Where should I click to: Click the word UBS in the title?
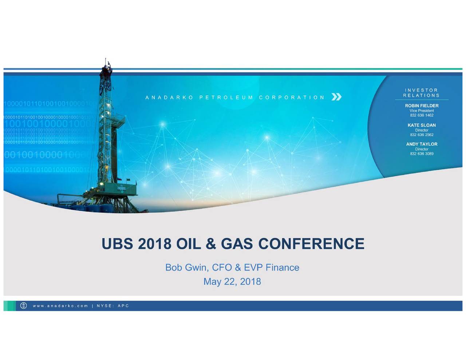click(x=117, y=244)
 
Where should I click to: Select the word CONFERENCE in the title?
click(x=311, y=244)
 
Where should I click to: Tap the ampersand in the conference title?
click(x=211, y=244)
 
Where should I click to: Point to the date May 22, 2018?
click(x=232, y=281)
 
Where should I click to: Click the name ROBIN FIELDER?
click(x=422, y=106)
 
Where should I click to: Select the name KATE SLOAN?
click(x=422, y=125)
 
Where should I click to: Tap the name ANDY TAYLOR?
click(x=422, y=144)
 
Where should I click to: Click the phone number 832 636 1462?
click(x=422, y=115)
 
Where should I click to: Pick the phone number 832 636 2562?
click(x=422, y=135)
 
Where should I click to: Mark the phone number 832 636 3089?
click(x=422, y=154)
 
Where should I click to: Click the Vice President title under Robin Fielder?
click(x=422, y=111)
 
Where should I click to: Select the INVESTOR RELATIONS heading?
click(x=421, y=93)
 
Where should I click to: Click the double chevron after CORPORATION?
click(x=336, y=97)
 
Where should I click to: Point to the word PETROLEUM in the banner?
click(x=226, y=98)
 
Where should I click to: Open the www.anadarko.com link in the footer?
click(x=60, y=306)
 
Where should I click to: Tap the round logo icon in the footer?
click(x=24, y=306)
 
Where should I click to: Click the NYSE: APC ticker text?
click(x=113, y=306)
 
